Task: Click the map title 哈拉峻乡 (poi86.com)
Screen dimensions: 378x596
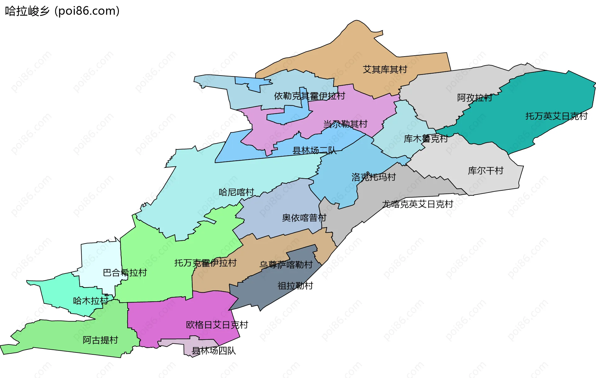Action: click(62, 11)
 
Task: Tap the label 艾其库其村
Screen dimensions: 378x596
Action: click(385, 69)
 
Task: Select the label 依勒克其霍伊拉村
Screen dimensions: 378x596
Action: click(309, 96)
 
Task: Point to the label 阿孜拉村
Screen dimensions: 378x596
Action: click(475, 98)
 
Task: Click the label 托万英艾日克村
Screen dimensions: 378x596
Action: click(556, 116)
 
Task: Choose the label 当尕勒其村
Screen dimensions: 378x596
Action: click(345, 124)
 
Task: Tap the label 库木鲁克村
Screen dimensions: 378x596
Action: click(426, 139)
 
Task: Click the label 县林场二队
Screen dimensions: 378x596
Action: click(314, 151)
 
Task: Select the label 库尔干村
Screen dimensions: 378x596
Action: click(485, 171)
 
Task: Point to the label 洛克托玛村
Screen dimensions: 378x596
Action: click(374, 177)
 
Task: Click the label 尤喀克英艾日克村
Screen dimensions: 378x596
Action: click(418, 204)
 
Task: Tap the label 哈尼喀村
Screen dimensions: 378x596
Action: click(236, 192)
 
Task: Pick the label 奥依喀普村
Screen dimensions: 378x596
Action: click(304, 218)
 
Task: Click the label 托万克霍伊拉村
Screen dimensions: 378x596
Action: click(205, 263)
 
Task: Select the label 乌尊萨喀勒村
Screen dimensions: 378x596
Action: click(286, 265)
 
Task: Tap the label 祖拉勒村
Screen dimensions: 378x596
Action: click(295, 286)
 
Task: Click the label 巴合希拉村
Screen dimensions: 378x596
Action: click(125, 273)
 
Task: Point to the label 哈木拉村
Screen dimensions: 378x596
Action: click(91, 301)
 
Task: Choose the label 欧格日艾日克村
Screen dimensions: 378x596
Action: click(217, 325)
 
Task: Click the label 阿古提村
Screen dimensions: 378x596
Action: click(100, 340)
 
